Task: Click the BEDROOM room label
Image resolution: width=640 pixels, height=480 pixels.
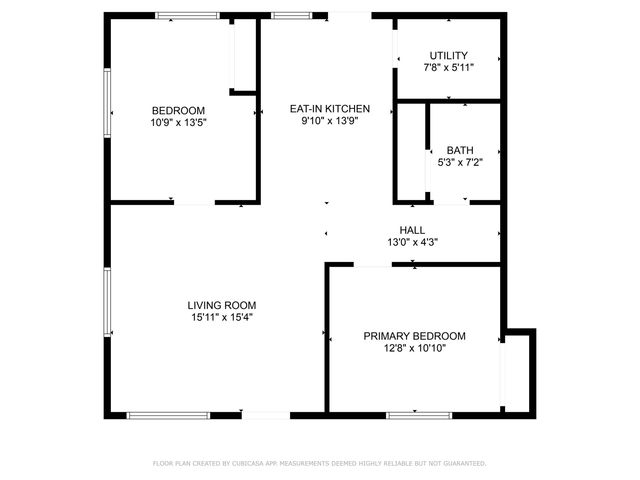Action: click(178, 110)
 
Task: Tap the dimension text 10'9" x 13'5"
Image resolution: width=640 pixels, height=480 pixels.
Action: click(178, 122)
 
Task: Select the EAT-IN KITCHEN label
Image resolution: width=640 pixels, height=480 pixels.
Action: click(330, 109)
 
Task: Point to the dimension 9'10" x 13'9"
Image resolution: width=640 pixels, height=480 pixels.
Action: click(330, 121)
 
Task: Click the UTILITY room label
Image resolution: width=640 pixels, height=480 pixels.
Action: click(448, 56)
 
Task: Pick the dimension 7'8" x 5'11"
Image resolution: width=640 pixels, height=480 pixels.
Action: click(448, 68)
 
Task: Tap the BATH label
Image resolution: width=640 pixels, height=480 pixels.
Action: click(460, 150)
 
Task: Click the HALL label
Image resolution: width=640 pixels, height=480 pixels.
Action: click(412, 229)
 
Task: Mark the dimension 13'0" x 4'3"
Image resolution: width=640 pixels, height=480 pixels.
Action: click(412, 242)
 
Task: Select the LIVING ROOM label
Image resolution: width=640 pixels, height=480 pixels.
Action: click(222, 305)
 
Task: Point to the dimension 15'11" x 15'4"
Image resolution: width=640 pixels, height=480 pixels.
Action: click(222, 318)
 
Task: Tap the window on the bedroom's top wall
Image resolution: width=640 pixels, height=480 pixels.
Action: click(187, 15)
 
